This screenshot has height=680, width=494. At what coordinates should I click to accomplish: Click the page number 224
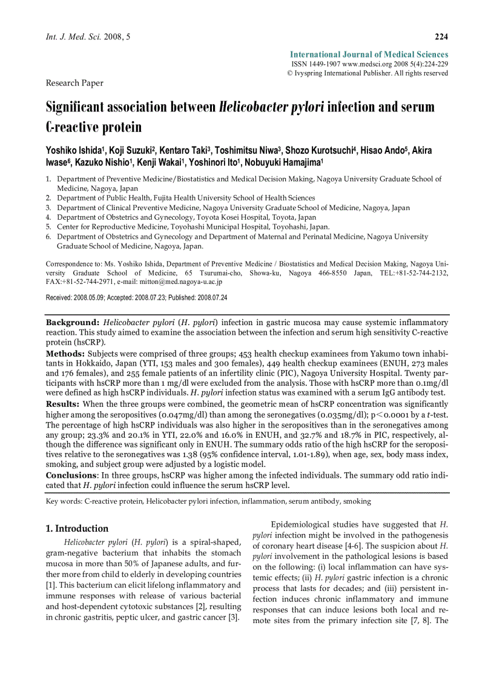pos(441,37)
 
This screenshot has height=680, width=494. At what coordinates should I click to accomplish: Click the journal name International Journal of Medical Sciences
pos(369,54)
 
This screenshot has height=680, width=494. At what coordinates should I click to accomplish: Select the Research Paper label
pos(74,83)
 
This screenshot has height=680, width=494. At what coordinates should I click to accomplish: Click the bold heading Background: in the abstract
pos(73,323)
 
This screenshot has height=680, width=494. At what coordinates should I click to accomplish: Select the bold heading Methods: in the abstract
pos(65,353)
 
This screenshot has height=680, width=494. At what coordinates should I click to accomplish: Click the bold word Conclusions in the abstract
pos(71,475)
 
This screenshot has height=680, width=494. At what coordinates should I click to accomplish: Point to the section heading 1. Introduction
pos(77,528)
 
